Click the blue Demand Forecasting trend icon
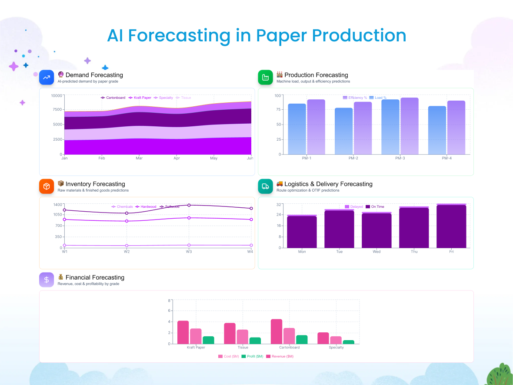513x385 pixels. click(x=46, y=77)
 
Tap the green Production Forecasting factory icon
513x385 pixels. click(x=265, y=77)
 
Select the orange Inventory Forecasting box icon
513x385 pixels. click(x=46, y=186)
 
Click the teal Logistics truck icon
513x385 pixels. click(x=265, y=186)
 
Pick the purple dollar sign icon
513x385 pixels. click(x=46, y=280)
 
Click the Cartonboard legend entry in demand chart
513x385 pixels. click(x=113, y=98)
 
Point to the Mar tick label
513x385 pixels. click(x=139, y=158)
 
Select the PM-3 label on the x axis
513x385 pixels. click(x=400, y=158)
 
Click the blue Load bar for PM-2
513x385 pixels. click(x=343, y=131)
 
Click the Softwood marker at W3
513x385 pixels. click(x=189, y=205)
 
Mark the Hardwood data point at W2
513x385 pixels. click(x=127, y=221)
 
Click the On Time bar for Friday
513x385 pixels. click(x=451, y=226)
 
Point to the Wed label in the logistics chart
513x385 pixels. click(x=376, y=252)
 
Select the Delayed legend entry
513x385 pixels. click(x=354, y=206)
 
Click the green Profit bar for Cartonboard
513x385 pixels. click(x=301, y=339)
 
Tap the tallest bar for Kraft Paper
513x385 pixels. click(x=183, y=332)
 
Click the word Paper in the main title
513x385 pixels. click(x=280, y=36)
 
